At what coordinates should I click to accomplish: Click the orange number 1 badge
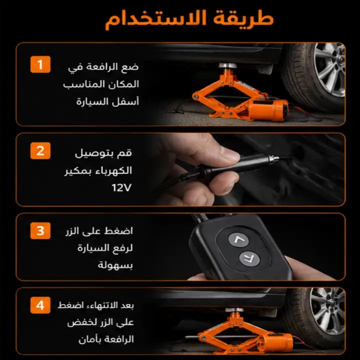click(40, 64)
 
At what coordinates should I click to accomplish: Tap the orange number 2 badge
click(40, 150)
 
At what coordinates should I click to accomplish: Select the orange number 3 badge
click(40, 230)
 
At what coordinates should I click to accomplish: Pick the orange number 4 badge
click(40, 305)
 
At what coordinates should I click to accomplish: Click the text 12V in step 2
click(121, 187)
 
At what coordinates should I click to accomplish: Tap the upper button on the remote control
click(238, 240)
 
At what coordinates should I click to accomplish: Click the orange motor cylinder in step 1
click(268, 110)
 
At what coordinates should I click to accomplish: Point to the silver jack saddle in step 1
click(227, 65)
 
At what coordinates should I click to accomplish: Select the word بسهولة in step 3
click(115, 265)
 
